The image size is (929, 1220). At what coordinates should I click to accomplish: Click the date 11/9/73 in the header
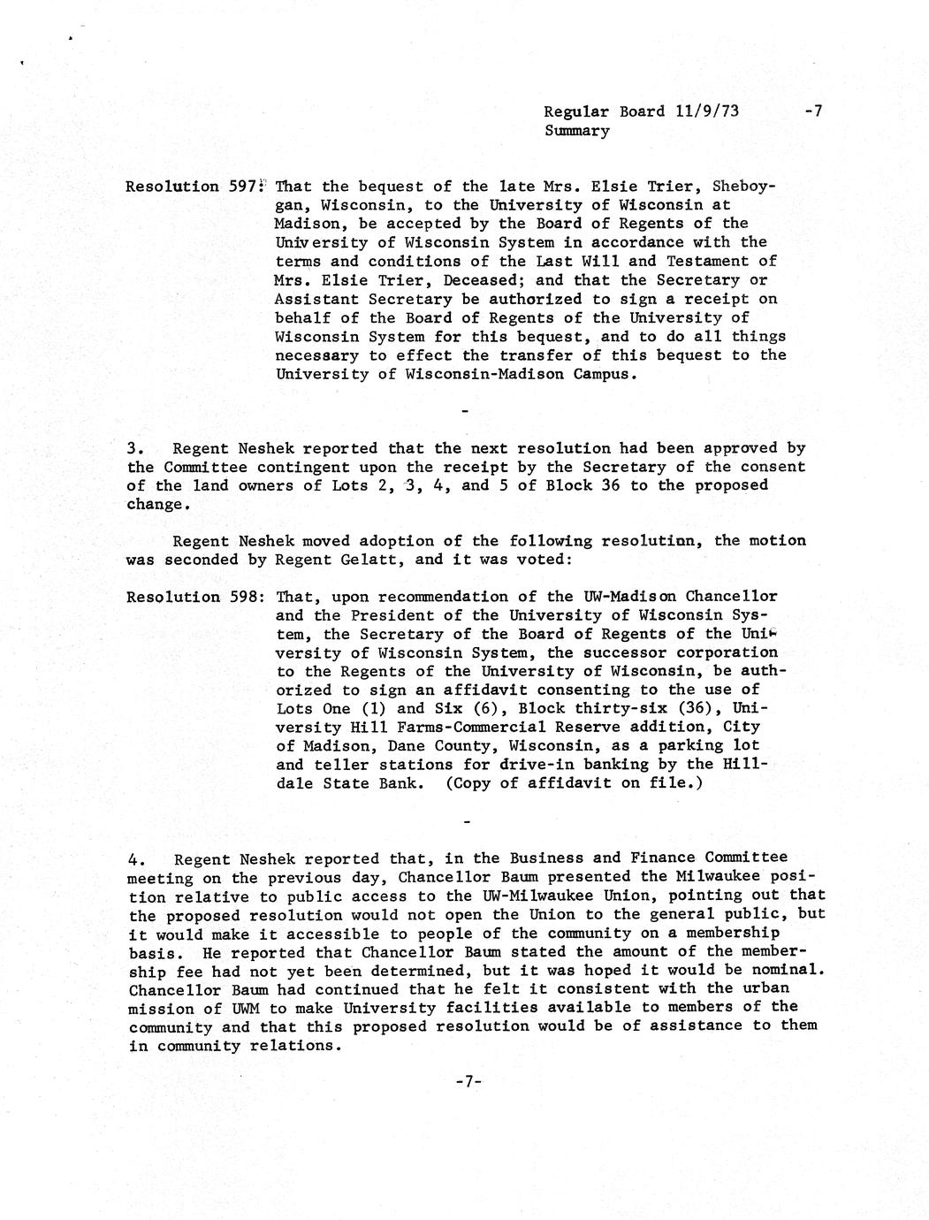pyautogui.click(x=706, y=111)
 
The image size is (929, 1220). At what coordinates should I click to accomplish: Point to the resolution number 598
pyautogui.click(x=242, y=597)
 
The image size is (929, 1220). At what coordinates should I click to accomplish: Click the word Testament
pyautogui.click(x=720, y=262)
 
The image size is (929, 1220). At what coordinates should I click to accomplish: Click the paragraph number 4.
pyautogui.click(x=135, y=858)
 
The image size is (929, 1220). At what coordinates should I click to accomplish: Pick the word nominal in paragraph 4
pyautogui.click(x=791, y=970)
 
